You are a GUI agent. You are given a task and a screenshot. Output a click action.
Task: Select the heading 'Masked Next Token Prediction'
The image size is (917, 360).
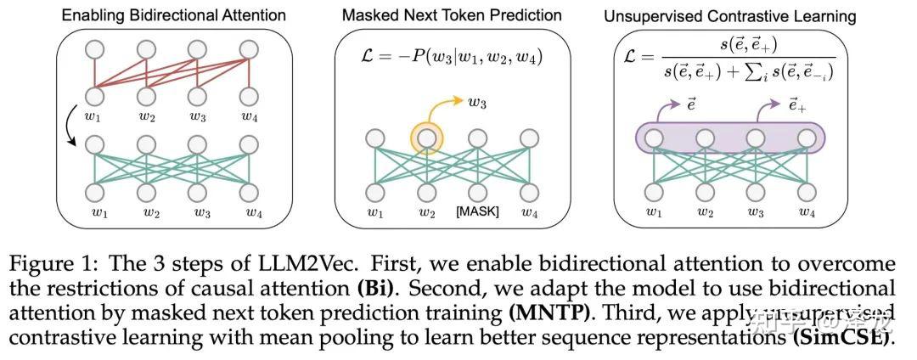click(451, 15)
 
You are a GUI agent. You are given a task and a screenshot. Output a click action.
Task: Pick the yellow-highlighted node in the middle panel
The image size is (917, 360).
click(426, 138)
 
